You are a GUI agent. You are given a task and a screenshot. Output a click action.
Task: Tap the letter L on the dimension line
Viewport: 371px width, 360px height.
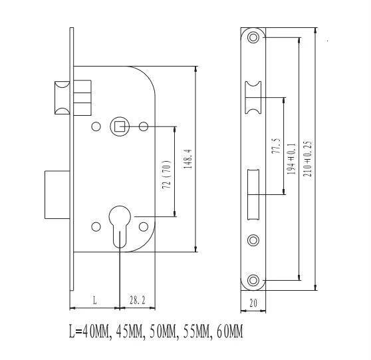(x=94, y=301)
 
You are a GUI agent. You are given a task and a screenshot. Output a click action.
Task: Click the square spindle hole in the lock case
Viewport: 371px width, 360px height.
(x=120, y=125)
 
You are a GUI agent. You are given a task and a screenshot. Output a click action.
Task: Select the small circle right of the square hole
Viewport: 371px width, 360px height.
(x=144, y=126)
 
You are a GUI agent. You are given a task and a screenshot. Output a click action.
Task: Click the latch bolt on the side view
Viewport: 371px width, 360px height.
(x=59, y=97)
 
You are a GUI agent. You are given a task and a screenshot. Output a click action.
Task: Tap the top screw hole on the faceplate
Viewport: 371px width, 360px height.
(x=253, y=38)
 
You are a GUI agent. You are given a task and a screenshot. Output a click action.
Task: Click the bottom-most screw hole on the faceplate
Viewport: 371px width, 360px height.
(x=253, y=281)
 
